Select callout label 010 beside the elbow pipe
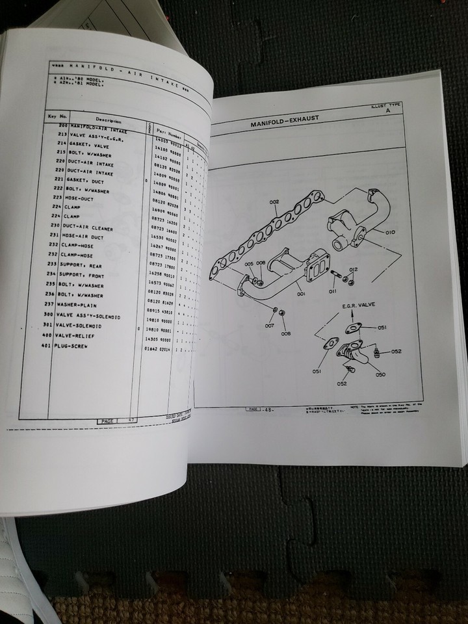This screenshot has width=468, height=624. tap(390, 231)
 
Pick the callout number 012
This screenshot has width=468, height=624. tap(353, 269)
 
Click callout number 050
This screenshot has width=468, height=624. tap(380, 374)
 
